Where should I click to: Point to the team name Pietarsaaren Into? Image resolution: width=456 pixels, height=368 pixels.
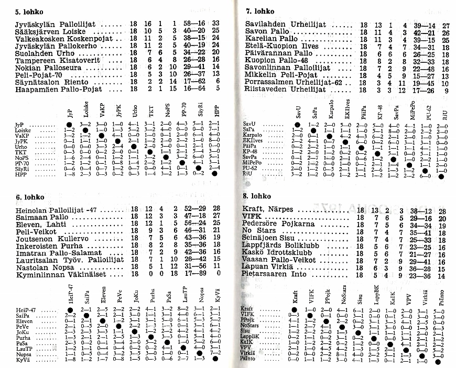click(278, 274)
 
